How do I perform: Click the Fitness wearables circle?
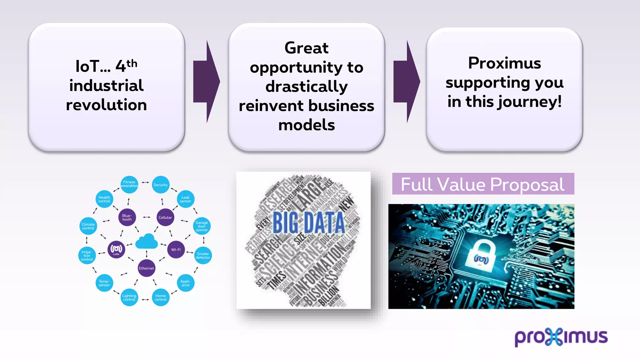(x=129, y=184)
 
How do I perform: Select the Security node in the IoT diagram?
(x=161, y=185)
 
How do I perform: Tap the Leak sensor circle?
(x=186, y=199)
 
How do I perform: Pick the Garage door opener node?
(x=202, y=226)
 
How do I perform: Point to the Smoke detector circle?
(x=203, y=256)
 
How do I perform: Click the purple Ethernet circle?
(x=146, y=268)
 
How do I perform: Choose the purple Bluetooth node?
(x=127, y=217)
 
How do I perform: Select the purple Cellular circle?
(x=165, y=217)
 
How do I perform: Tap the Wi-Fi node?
(x=176, y=249)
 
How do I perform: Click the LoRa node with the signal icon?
(x=116, y=249)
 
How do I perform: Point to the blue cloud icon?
(x=147, y=241)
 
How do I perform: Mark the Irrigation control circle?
(x=87, y=255)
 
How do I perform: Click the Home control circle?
(x=161, y=297)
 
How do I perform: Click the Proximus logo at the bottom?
(x=561, y=337)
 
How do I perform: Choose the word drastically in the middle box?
(x=307, y=87)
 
